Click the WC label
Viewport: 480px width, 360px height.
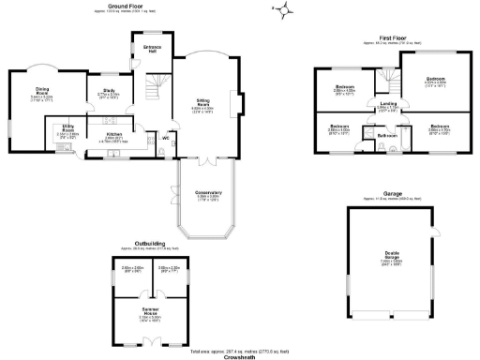click(x=165, y=139)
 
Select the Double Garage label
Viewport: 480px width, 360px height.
click(x=392, y=258)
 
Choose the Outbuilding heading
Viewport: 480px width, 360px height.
click(x=151, y=245)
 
